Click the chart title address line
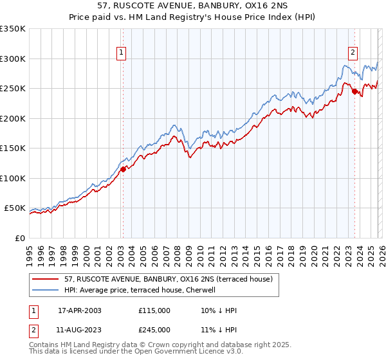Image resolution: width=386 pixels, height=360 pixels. coord(192,6)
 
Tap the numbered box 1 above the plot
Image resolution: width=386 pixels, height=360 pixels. coord(122,53)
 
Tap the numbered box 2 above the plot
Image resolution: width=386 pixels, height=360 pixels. coord(353,53)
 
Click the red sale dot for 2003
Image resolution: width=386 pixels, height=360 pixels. coord(123,170)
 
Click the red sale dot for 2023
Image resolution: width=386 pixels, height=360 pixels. coord(354,92)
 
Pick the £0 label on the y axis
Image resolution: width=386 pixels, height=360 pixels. coord(19,238)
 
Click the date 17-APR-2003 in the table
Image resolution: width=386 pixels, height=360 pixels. coord(80,310)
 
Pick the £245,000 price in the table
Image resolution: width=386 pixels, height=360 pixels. coord(154,330)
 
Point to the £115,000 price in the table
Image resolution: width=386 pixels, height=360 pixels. coord(154,310)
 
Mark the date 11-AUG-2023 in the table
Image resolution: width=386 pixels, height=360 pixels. coord(80,330)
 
